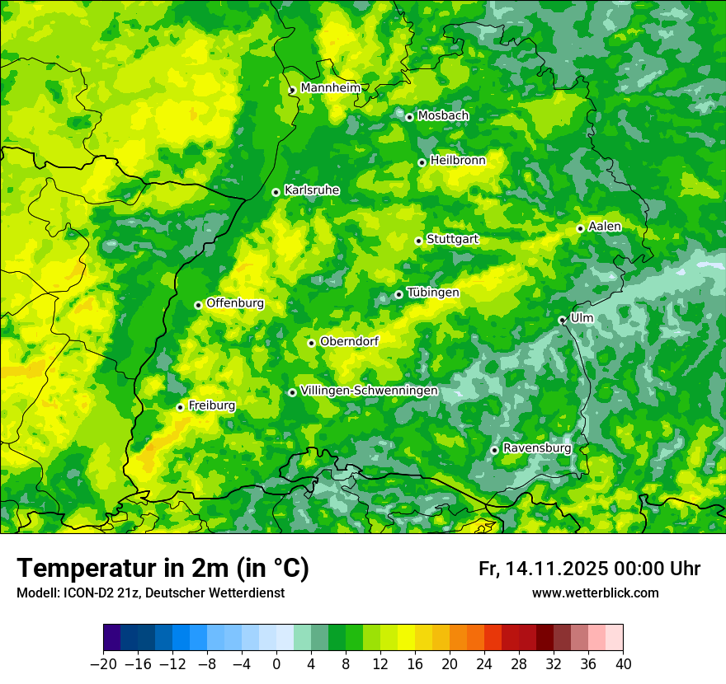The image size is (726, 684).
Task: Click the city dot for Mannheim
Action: (292, 91)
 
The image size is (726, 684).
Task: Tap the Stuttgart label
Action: (452, 239)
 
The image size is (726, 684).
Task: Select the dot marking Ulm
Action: (562, 320)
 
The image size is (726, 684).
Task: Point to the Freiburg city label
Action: (211, 405)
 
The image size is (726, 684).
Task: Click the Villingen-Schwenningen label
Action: (369, 391)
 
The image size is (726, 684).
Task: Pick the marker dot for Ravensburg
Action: (494, 450)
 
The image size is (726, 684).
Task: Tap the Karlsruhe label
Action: (311, 190)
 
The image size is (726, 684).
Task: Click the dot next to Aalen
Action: (580, 228)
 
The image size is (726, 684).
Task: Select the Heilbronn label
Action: (458, 161)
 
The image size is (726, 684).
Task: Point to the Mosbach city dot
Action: (409, 117)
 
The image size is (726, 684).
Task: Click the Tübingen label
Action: (433, 293)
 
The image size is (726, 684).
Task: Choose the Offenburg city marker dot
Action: (198, 305)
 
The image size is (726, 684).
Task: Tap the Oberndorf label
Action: (349, 341)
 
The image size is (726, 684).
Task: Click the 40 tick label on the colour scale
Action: (623, 663)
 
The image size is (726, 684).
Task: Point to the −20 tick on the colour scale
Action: (103, 663)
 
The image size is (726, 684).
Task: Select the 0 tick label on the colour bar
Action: (276, 663)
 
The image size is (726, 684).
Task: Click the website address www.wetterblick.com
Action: (595, 593)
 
